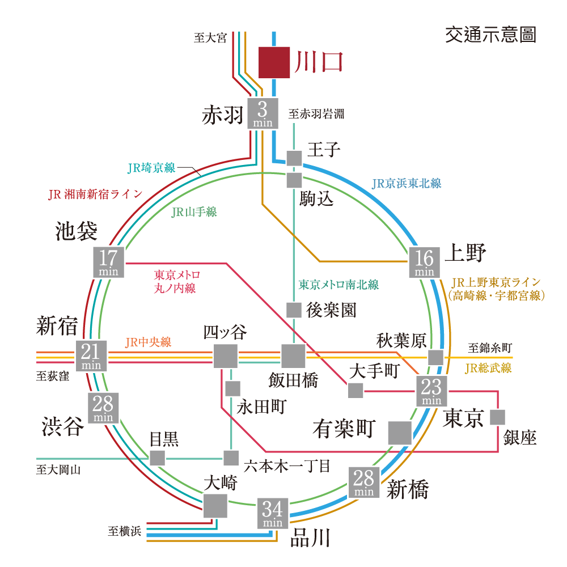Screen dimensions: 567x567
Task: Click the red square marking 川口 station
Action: pyautogui.click(x=274, y=62)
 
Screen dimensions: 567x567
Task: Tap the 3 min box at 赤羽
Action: pyautogui.click(x=263, y=113)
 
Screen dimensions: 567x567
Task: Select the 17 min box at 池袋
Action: pyautogui.click(x=108, y=262)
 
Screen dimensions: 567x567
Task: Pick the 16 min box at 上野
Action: pyautogui.click(x=425, y=263)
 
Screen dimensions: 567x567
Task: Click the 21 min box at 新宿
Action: pyautogui.click(x=91, y=356)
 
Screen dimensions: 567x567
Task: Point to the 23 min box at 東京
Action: pyautogui.click(x=431, y=391)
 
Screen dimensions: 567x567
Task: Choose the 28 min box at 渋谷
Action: pyautogui.click(x=103, y=408)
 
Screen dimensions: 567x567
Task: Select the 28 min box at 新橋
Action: pyautogui.click(x=364, y=483)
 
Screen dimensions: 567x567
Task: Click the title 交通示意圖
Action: pyautogui.click(x=490, y=35)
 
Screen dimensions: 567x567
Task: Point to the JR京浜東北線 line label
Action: pyautogui.click(x=407, y=184)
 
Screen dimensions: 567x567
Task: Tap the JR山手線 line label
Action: pyautogui.click(x=194, y=212)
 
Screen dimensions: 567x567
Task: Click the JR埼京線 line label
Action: pyautogui.click(x=151, y=168)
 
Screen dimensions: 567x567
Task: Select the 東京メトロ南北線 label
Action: pyautogui.click(x=338, y=285)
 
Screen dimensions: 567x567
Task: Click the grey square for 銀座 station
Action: pyautogui.click(x=498, y=417)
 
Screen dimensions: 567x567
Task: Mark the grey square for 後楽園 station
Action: pyautogui.click(x=294, y=310)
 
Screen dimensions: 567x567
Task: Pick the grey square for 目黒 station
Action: pyautogui.click(x=157, y=458)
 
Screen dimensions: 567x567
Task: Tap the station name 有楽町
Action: pyautogui.click(x=344, y=429)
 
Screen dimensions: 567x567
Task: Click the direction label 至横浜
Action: pyautogui.click(x=124, y=531)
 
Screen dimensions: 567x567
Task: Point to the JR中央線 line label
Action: pyautogui.click(x=148, y=342)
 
